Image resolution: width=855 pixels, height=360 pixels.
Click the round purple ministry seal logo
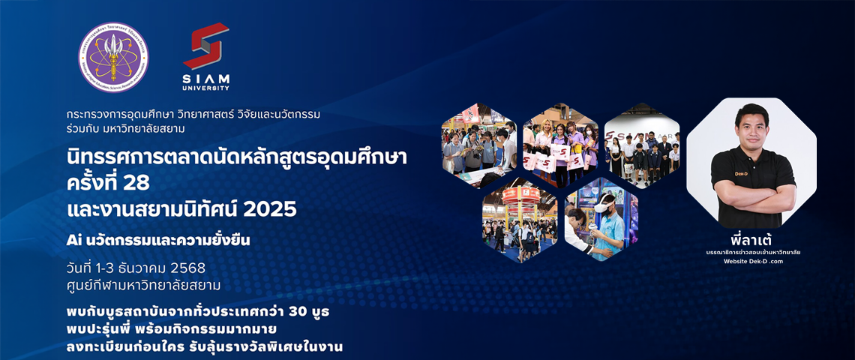tap(113, 57)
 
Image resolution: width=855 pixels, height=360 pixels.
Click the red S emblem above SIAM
tap(206, 46)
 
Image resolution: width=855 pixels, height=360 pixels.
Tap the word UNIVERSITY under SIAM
tap(206, 87)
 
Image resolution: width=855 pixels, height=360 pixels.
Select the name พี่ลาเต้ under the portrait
tap(751, 240)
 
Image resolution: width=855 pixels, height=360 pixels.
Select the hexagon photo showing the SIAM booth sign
tap(642, 145)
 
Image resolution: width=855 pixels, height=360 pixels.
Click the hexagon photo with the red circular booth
tap(519, 220)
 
